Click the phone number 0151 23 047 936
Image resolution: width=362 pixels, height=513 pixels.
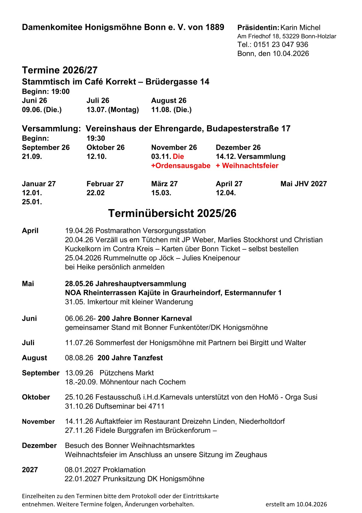pos(281,45)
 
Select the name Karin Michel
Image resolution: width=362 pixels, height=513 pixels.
pos(300,27)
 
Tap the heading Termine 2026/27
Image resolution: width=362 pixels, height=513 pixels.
pos(60,70)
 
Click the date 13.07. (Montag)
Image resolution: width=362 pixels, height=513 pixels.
pos(113,110)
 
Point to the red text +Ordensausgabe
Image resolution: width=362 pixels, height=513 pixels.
pos(181,166)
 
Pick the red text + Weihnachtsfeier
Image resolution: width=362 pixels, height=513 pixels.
pos(247,166)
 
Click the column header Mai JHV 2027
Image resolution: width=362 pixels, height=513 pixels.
pos(303,184)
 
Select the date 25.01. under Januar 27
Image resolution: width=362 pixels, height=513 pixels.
pos(32,202)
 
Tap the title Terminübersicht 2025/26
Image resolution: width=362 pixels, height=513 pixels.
pos(172,213)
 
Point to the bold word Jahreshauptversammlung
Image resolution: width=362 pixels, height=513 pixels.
pos(141,284)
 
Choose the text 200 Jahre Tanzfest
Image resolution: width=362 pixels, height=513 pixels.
pos(130,358)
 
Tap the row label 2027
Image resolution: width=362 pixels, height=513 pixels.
pos(30,470)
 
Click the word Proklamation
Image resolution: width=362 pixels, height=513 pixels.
pos(124,470)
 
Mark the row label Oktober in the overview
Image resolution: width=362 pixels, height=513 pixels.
pos(36,397)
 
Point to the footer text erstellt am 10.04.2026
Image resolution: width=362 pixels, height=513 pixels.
pos(296,504)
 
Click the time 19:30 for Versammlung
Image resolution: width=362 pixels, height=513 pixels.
pos(96,138)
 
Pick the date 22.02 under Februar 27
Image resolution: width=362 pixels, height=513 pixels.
pos(96,193)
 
